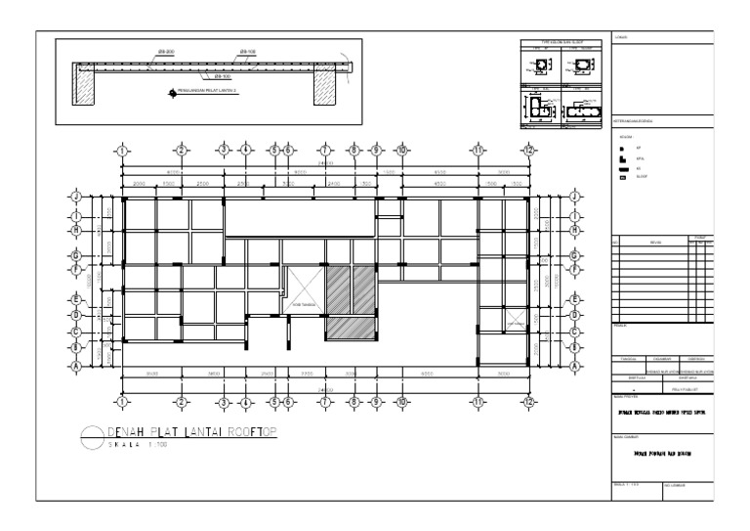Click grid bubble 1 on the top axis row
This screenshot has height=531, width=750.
(121, 150)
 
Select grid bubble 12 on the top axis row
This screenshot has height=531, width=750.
(528, 150)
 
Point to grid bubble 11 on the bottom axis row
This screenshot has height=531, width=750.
(479, 402)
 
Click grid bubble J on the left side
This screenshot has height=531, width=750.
(76, 197)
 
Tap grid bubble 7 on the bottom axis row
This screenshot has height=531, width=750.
(325, 402)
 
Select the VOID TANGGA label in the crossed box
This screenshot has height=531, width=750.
(303, 304)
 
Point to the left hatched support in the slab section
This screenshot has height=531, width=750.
(85, 91)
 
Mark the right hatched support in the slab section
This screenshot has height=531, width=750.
(325, 90)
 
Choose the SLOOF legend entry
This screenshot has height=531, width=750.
(642, 178)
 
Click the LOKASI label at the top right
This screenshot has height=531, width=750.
(622, 38)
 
